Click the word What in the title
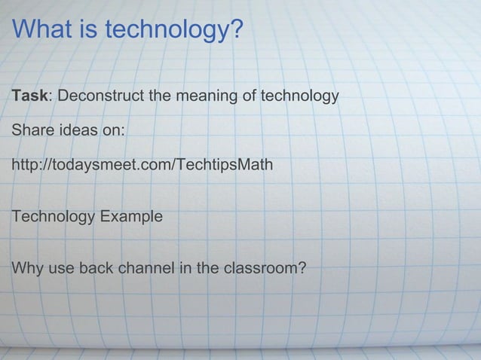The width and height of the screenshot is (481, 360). pos(41,30)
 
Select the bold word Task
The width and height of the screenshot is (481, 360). pos(29,98)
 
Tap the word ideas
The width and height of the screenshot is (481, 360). pos(76,130)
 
